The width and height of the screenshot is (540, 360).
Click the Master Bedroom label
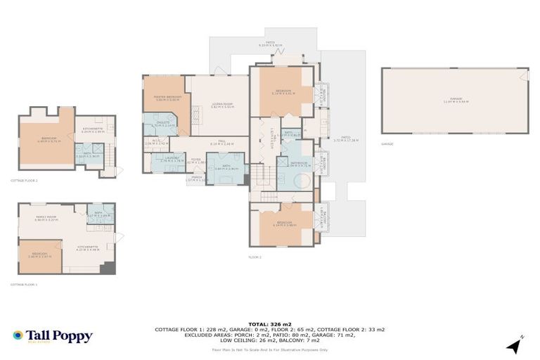click(163, 98)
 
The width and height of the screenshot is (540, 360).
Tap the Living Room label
click(222, 105)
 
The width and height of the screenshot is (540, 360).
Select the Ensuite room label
click(157, 124)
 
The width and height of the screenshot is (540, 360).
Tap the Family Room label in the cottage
click(46, 219)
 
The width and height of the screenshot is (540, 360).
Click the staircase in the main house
click(262, 173)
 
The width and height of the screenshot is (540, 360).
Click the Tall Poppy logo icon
click(18, 336)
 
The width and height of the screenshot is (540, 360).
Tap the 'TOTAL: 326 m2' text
click(269, 323)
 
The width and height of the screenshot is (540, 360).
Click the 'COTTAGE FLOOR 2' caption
click(24, 181)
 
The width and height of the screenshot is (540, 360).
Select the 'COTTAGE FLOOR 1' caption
click(24, 285)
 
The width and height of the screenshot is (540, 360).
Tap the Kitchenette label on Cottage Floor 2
click(94, 129)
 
